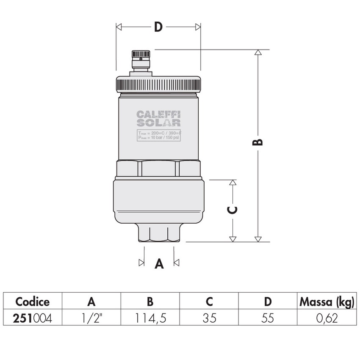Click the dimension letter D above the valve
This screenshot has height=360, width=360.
tap(158, 27)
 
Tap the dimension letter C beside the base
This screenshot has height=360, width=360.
tap(233, 210)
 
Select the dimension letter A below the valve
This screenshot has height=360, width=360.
tap(159, 264)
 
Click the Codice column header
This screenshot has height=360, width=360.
tap(33, 302)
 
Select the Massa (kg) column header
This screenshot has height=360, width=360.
tap(326, 302)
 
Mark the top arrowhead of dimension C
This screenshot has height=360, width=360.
tap(232, 183)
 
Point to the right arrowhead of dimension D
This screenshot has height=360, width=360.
tap(198, 27)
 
